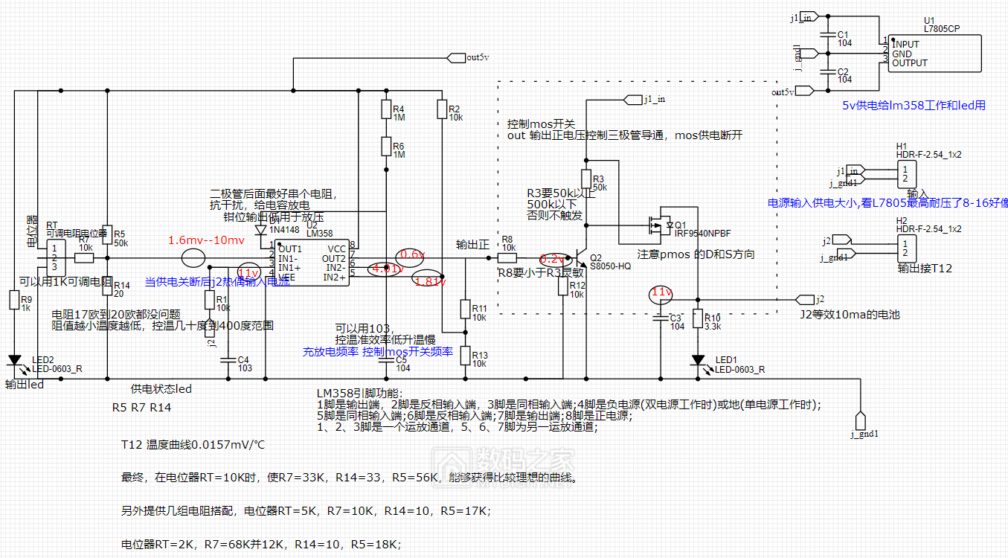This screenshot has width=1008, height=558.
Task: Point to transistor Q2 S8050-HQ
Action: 582,258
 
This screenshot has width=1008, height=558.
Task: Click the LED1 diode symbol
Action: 698,361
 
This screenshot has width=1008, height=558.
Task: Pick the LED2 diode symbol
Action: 14,361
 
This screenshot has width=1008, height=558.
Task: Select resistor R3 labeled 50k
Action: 586,179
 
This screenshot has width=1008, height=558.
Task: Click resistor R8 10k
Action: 507,258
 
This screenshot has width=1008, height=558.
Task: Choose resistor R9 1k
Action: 14,300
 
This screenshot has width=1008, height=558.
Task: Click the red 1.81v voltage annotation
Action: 430,281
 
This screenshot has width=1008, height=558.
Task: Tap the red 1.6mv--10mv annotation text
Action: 205,240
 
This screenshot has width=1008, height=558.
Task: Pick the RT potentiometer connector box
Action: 54,257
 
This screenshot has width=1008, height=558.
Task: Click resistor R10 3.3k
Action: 698,318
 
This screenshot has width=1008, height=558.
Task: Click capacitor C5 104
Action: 385,362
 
